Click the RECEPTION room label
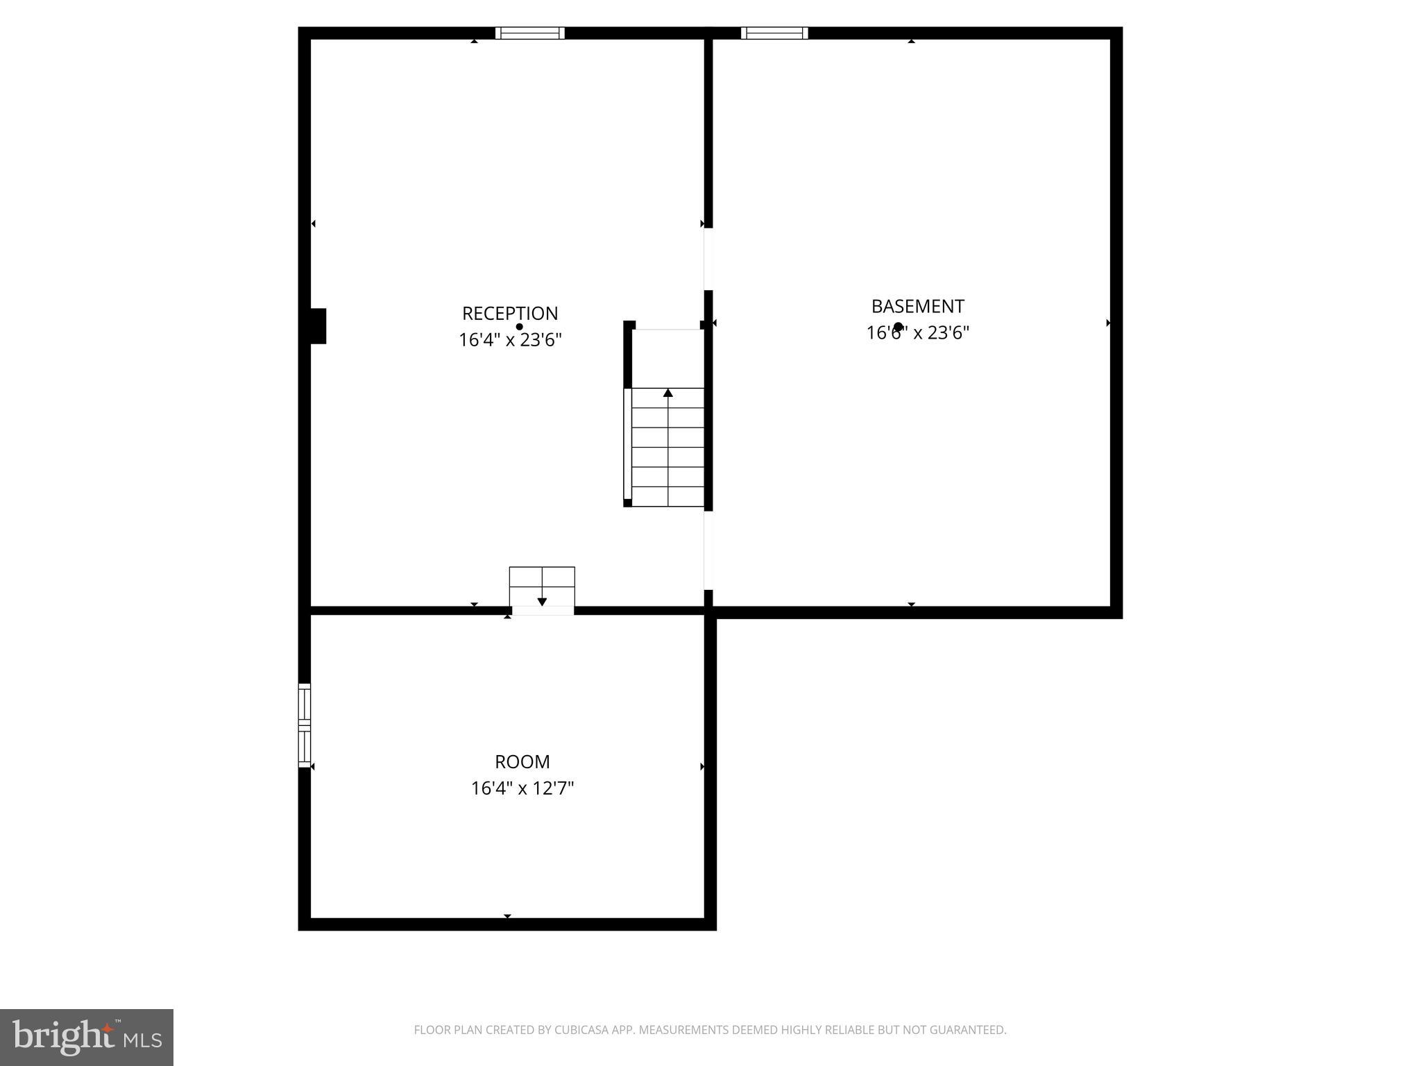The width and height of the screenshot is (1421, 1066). tap(510, 314)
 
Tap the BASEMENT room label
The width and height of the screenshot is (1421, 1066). tap(917, 306)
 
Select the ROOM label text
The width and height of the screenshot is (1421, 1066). tap(522, 762)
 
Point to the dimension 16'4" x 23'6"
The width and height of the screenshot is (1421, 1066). tap(510, 340)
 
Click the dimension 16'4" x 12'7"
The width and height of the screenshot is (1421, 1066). tap(522, 788)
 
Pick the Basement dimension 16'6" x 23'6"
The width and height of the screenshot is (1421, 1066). tap(917, 333)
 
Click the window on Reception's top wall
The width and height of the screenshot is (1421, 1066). tap(529, 33)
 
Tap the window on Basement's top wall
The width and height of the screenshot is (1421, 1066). tap(774, 33)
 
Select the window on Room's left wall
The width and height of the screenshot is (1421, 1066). tap(305, 725)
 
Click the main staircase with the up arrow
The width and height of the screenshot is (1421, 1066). tap(667, 447)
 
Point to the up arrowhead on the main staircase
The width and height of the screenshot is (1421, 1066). tap(668, 393)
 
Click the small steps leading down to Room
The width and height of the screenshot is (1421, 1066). tap(542, 586)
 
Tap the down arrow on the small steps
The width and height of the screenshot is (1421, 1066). tap(542, 601)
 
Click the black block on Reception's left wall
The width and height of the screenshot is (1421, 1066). tap(318, 326)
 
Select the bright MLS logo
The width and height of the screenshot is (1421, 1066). tap(87, 1037)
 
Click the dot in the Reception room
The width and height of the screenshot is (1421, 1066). tap(519, 327)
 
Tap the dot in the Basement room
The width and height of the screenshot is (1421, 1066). tap(898, 326)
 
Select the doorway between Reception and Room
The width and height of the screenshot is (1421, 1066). tap(543, 611)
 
